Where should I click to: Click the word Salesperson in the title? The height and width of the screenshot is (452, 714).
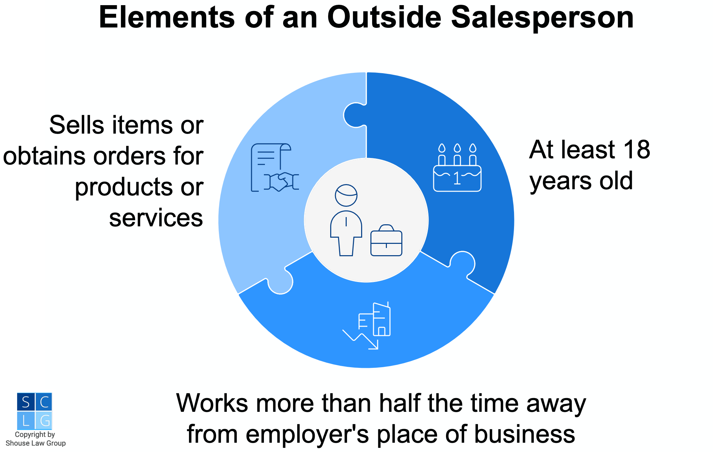(542, 18)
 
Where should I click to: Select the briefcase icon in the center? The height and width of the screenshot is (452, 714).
(386, 240)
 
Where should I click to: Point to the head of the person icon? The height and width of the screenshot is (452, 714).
(346, 195)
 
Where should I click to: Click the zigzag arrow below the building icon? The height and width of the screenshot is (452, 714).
(360, 340)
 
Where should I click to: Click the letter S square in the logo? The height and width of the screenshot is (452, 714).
(26, 402)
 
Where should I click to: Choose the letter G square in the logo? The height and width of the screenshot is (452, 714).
(44, 420)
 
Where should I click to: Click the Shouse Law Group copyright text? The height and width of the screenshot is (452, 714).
(35, 439)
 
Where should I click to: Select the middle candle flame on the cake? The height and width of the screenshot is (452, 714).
(457, 148)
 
